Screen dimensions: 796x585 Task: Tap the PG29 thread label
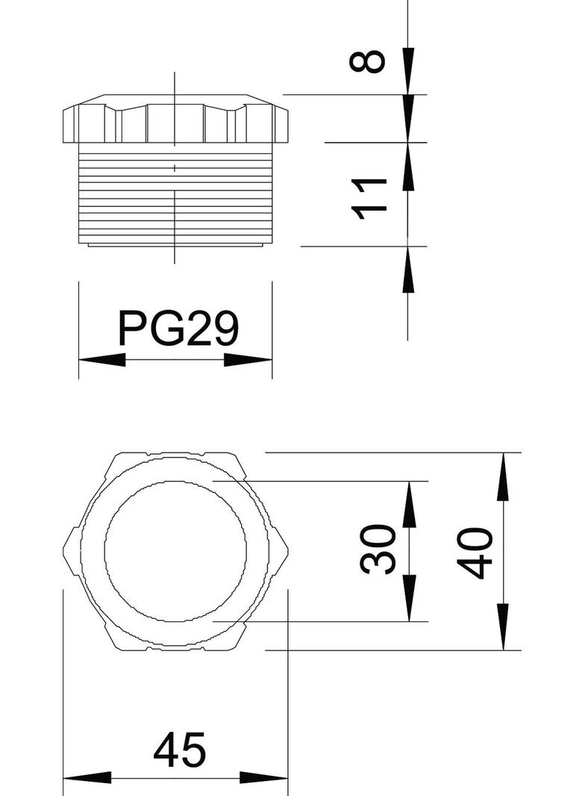pyautogui.click(x=178, y=329)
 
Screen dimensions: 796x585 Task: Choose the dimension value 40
pyautogui.click(x=475, y=553)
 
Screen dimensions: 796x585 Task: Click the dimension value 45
pyautogui.click(x=179, y=751)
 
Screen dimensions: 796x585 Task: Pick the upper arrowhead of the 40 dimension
pyautogui.click(x=504, y=475)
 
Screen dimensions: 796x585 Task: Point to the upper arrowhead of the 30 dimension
pyautogui.click(x=409, y=503)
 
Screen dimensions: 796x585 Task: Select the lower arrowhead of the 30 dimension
pyautogui.click(x=409, y=599)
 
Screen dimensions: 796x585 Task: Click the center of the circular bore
pyautogui.click(x=175, y=551)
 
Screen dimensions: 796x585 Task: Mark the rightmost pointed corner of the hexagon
pyautogui.click(x=289, y=551)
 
